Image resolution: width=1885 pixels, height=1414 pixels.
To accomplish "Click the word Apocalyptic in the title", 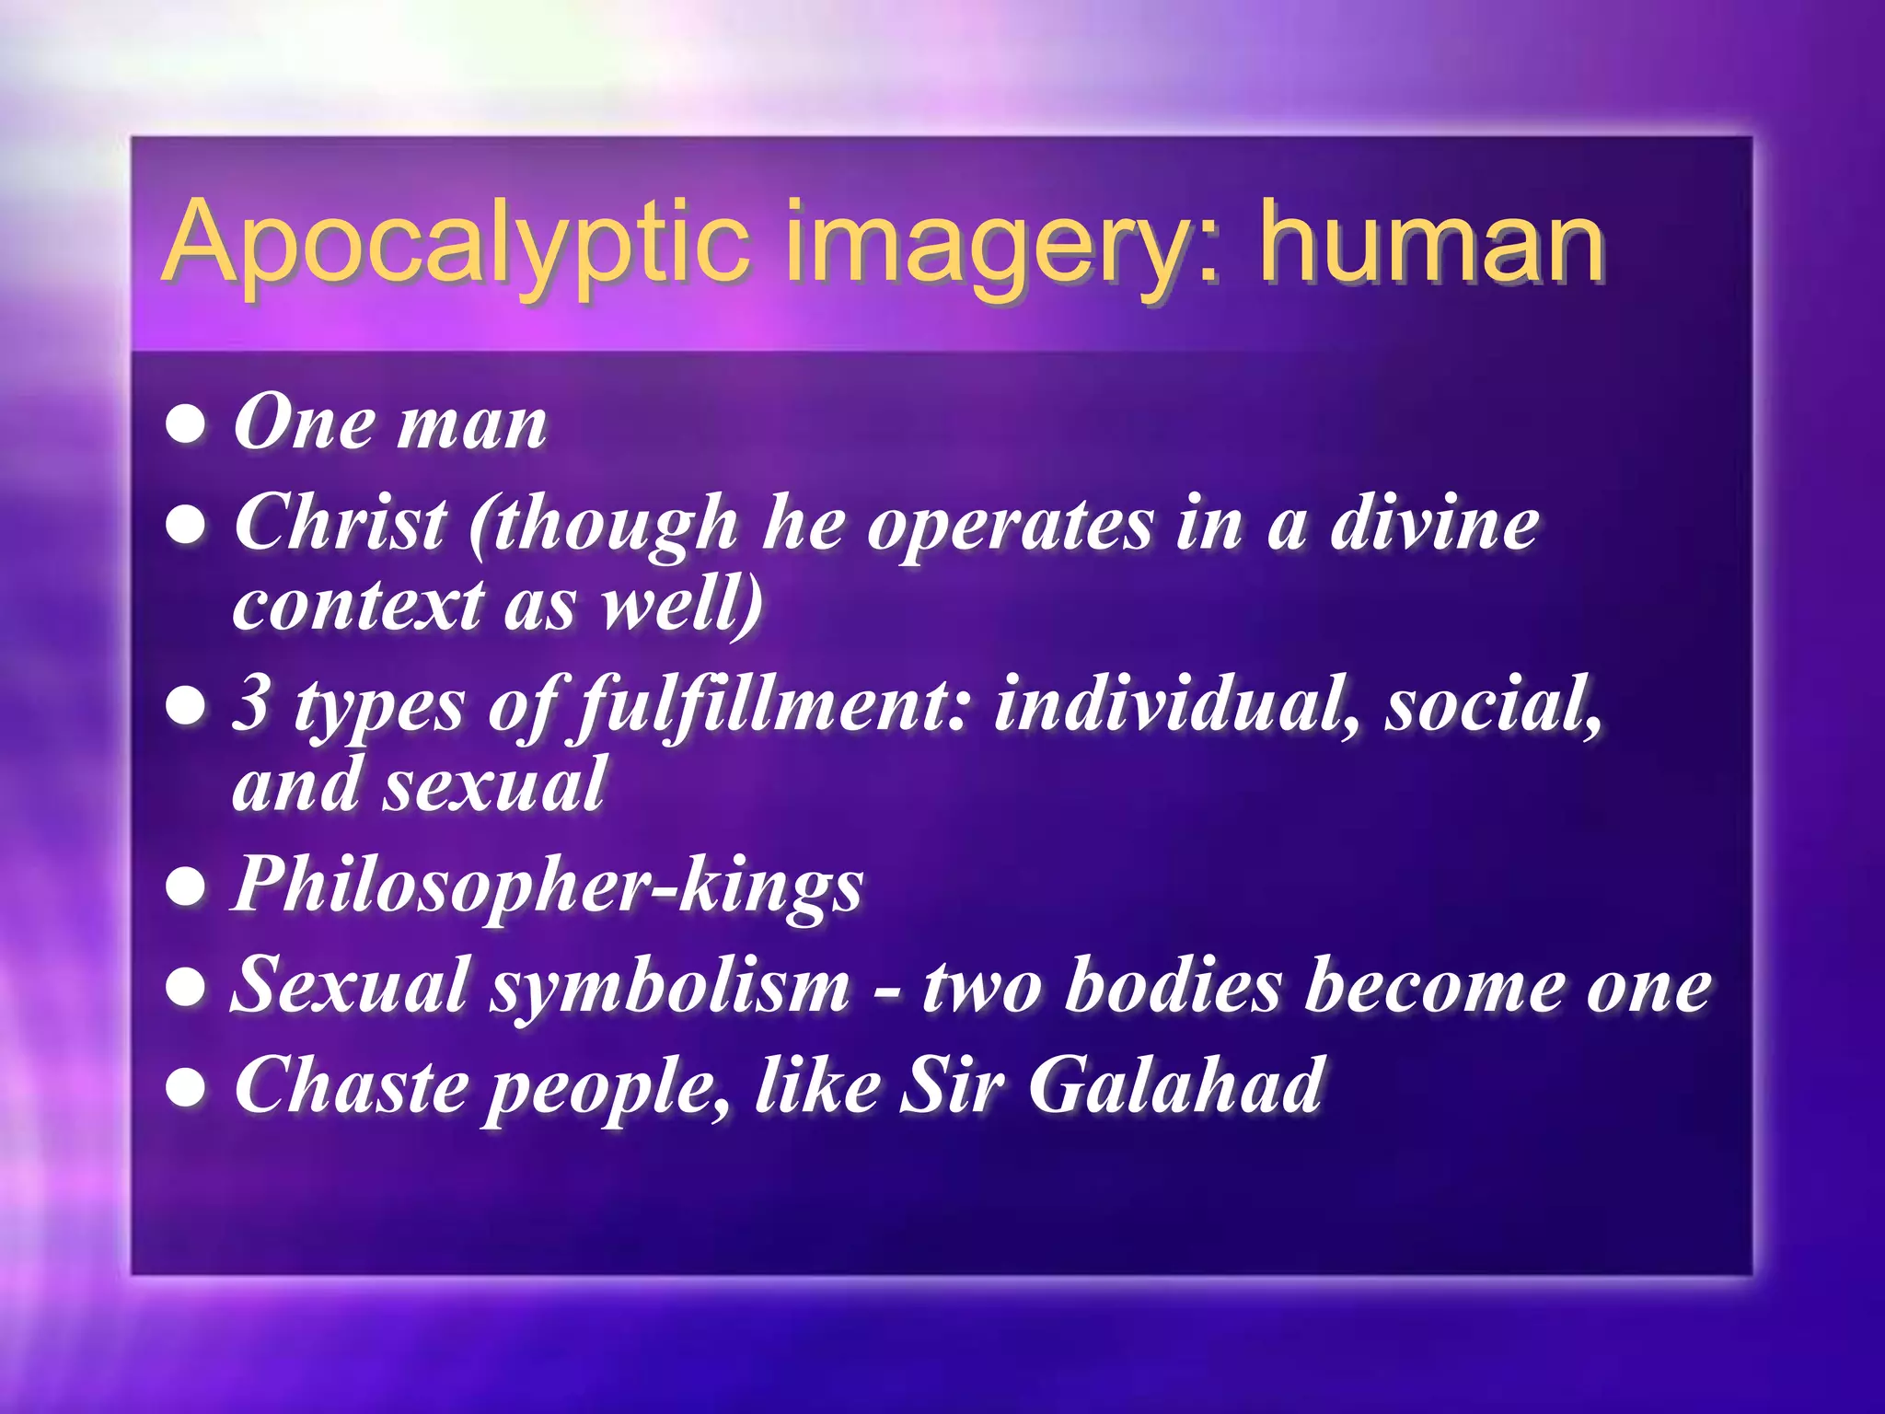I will (456, 244).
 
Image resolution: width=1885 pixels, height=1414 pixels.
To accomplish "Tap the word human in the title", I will (1432, 244).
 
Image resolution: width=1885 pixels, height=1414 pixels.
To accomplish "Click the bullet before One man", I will (186, 426).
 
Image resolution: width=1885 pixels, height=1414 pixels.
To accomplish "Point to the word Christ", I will (341, 523).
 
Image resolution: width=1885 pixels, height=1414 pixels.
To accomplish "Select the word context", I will (358, 605).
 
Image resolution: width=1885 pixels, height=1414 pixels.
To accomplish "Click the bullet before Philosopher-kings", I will (186, 887).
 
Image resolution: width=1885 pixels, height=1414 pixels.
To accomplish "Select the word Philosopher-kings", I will (548, 887).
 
